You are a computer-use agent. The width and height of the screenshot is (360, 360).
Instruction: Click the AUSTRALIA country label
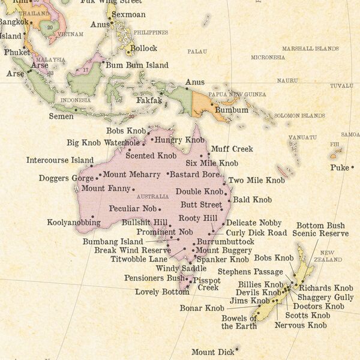point(152,197)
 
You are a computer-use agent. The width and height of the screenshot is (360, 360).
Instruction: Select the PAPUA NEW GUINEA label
point(237,94)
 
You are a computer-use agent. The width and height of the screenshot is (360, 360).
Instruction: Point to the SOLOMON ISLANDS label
point(299,115)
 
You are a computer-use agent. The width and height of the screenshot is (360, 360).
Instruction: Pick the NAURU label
point(287,80)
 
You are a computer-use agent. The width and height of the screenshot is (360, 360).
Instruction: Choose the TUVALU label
point(341,86)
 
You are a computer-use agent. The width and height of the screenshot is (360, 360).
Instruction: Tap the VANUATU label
point(302,137)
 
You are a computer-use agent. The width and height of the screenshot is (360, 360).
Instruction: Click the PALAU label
point(197,52)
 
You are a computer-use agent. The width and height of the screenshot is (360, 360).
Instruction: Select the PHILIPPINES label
point(151,32)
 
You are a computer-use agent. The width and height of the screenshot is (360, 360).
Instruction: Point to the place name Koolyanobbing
point(70,223)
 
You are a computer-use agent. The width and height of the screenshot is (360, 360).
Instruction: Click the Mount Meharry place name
point(131,175)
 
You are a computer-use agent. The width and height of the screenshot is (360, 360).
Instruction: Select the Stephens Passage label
point(241,272)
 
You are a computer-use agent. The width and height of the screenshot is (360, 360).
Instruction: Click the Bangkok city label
point(13,22)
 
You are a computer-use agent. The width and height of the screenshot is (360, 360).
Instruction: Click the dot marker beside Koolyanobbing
point(93,217)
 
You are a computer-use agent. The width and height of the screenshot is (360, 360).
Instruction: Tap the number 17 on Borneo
point(86,70)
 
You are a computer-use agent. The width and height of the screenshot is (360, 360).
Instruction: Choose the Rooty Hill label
point(197,218)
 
